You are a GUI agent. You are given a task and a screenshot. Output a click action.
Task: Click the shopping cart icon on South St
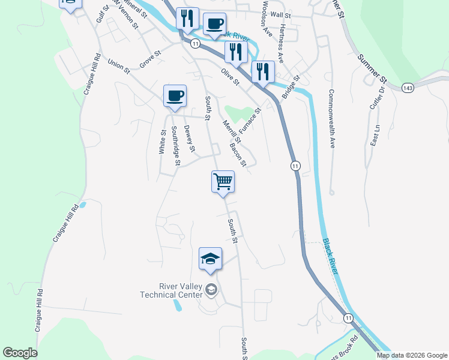(223, 181)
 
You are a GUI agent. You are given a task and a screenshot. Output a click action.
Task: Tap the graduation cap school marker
(210, 259)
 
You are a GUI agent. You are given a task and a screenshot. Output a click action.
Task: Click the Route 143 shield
(408, 88)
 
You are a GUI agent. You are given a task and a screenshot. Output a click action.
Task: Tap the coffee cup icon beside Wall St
(214, 24)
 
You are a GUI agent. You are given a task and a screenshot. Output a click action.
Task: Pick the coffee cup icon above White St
(175, 96)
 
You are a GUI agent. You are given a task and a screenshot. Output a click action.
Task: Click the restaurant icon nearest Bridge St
(262, 72)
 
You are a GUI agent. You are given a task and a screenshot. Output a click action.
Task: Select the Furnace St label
(250, 121)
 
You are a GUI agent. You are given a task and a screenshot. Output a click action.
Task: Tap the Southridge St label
(175, 145)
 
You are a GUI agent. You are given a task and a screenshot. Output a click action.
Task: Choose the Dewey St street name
(190, 138)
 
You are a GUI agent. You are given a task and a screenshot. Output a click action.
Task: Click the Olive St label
(230, 77)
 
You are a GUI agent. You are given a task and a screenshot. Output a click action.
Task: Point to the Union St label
(118, 66)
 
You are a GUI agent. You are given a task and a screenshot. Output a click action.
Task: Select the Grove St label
(151, 58)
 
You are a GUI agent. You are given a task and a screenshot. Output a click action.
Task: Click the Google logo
(20, 353)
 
